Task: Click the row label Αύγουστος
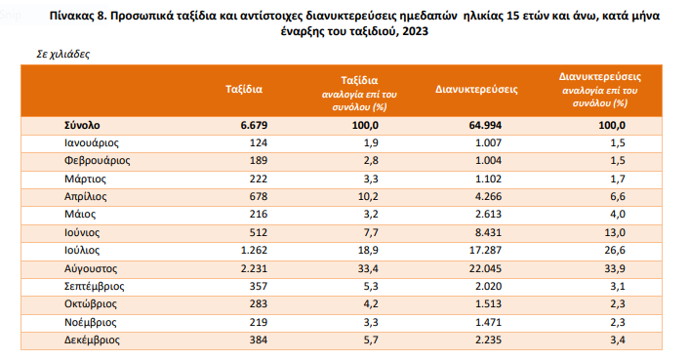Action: (90, 266)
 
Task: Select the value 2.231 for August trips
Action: (252, 266)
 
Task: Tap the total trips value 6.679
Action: (252, 126)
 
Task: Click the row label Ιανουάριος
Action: (91, 143)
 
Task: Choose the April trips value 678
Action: (257, 196)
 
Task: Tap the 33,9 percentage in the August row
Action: (613, 266)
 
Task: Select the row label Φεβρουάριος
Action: (97, 161)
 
